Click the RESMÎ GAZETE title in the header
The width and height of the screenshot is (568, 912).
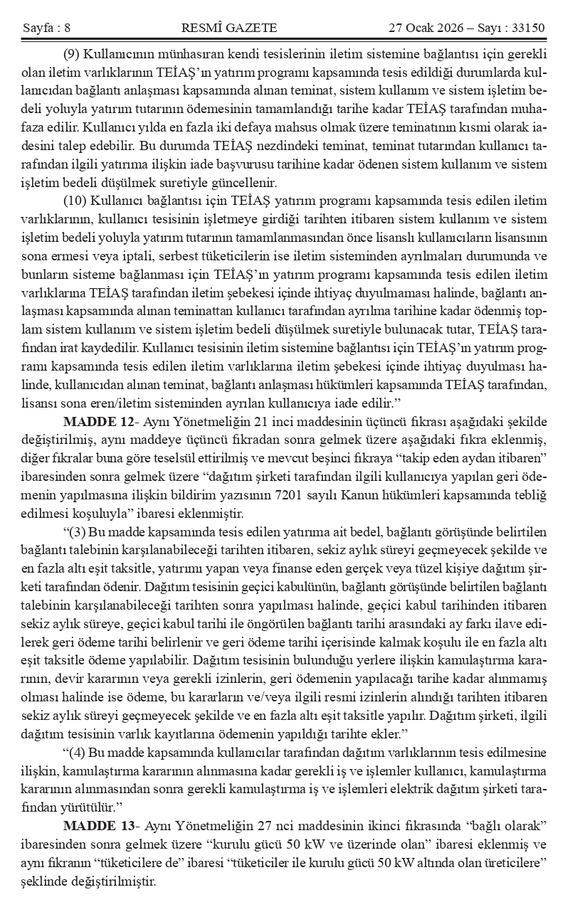pyautogui.click(x=229, y=28)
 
